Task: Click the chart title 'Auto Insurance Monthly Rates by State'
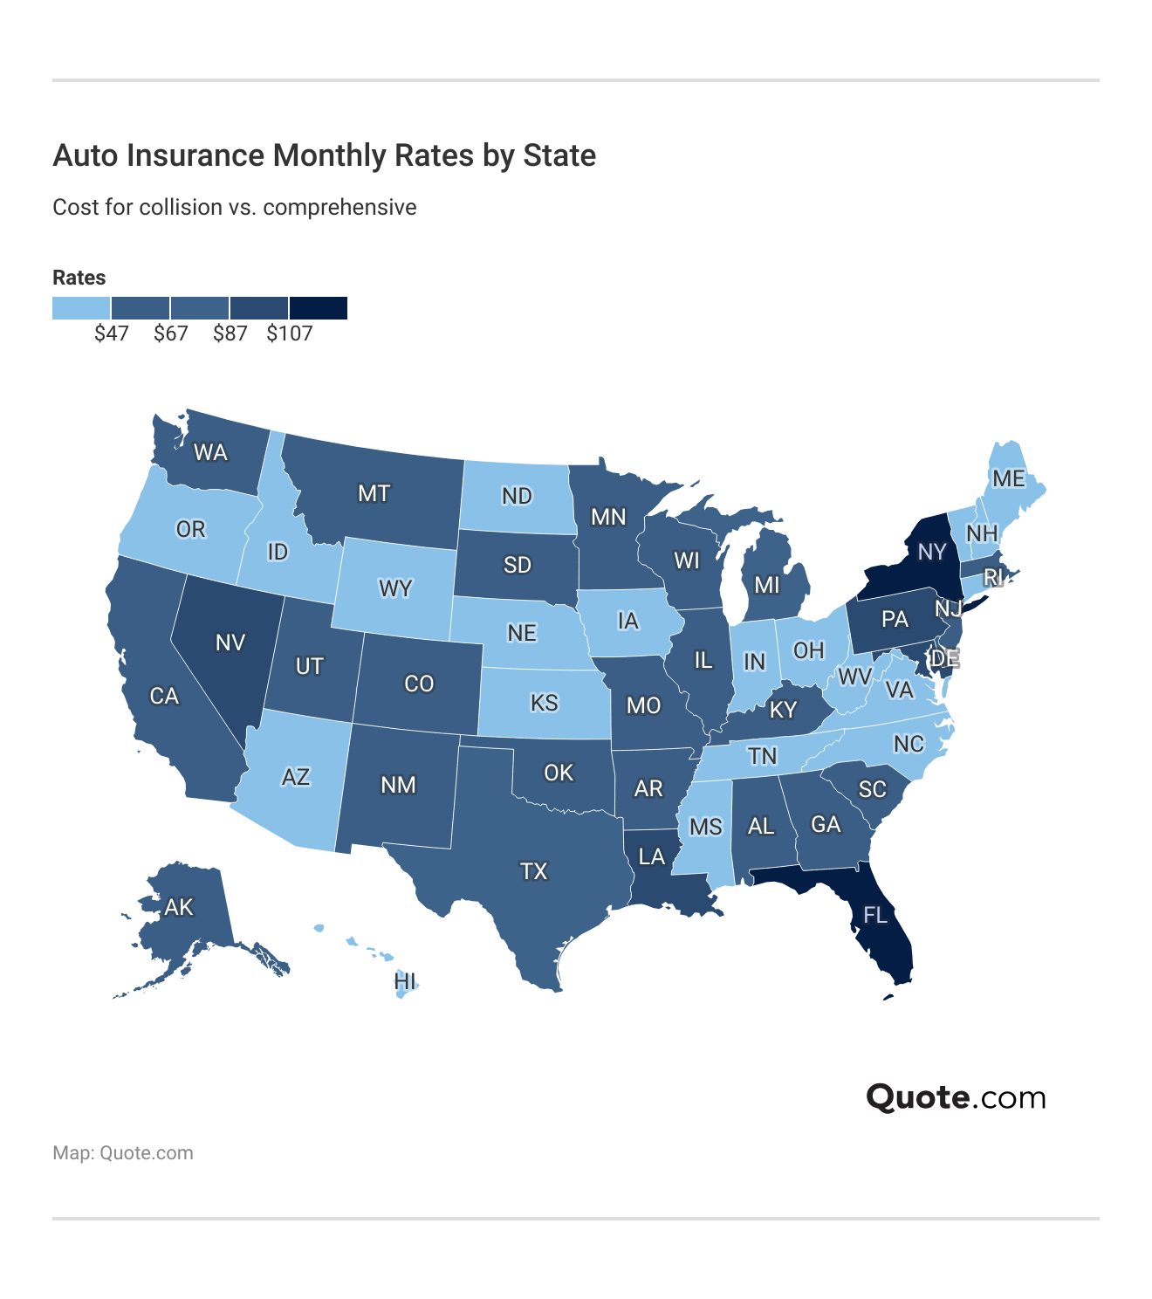pos(324,155)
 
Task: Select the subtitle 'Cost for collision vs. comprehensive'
pos(234,207)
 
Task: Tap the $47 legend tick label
pos(112,333)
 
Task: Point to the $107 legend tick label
pos(289,333)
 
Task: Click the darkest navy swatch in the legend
pos(319,308)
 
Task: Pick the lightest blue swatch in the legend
pos(81,308)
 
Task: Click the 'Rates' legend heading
pos(79,278)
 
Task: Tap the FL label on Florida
pos(874,915)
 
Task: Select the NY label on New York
pos(932,552)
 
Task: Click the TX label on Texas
pos(533,871)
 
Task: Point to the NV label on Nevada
pos(230,643)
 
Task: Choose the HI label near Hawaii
pos(405,981)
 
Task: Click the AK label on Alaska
pos(179,908)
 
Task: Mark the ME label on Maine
pos(1008,478)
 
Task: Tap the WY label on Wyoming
pos(395,588)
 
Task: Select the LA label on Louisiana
pos(651,857)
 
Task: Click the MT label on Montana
pos(374,494)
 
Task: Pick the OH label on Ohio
pos(808,650)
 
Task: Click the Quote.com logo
pos(956,1097)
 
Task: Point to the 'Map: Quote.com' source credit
pos(123,1153)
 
